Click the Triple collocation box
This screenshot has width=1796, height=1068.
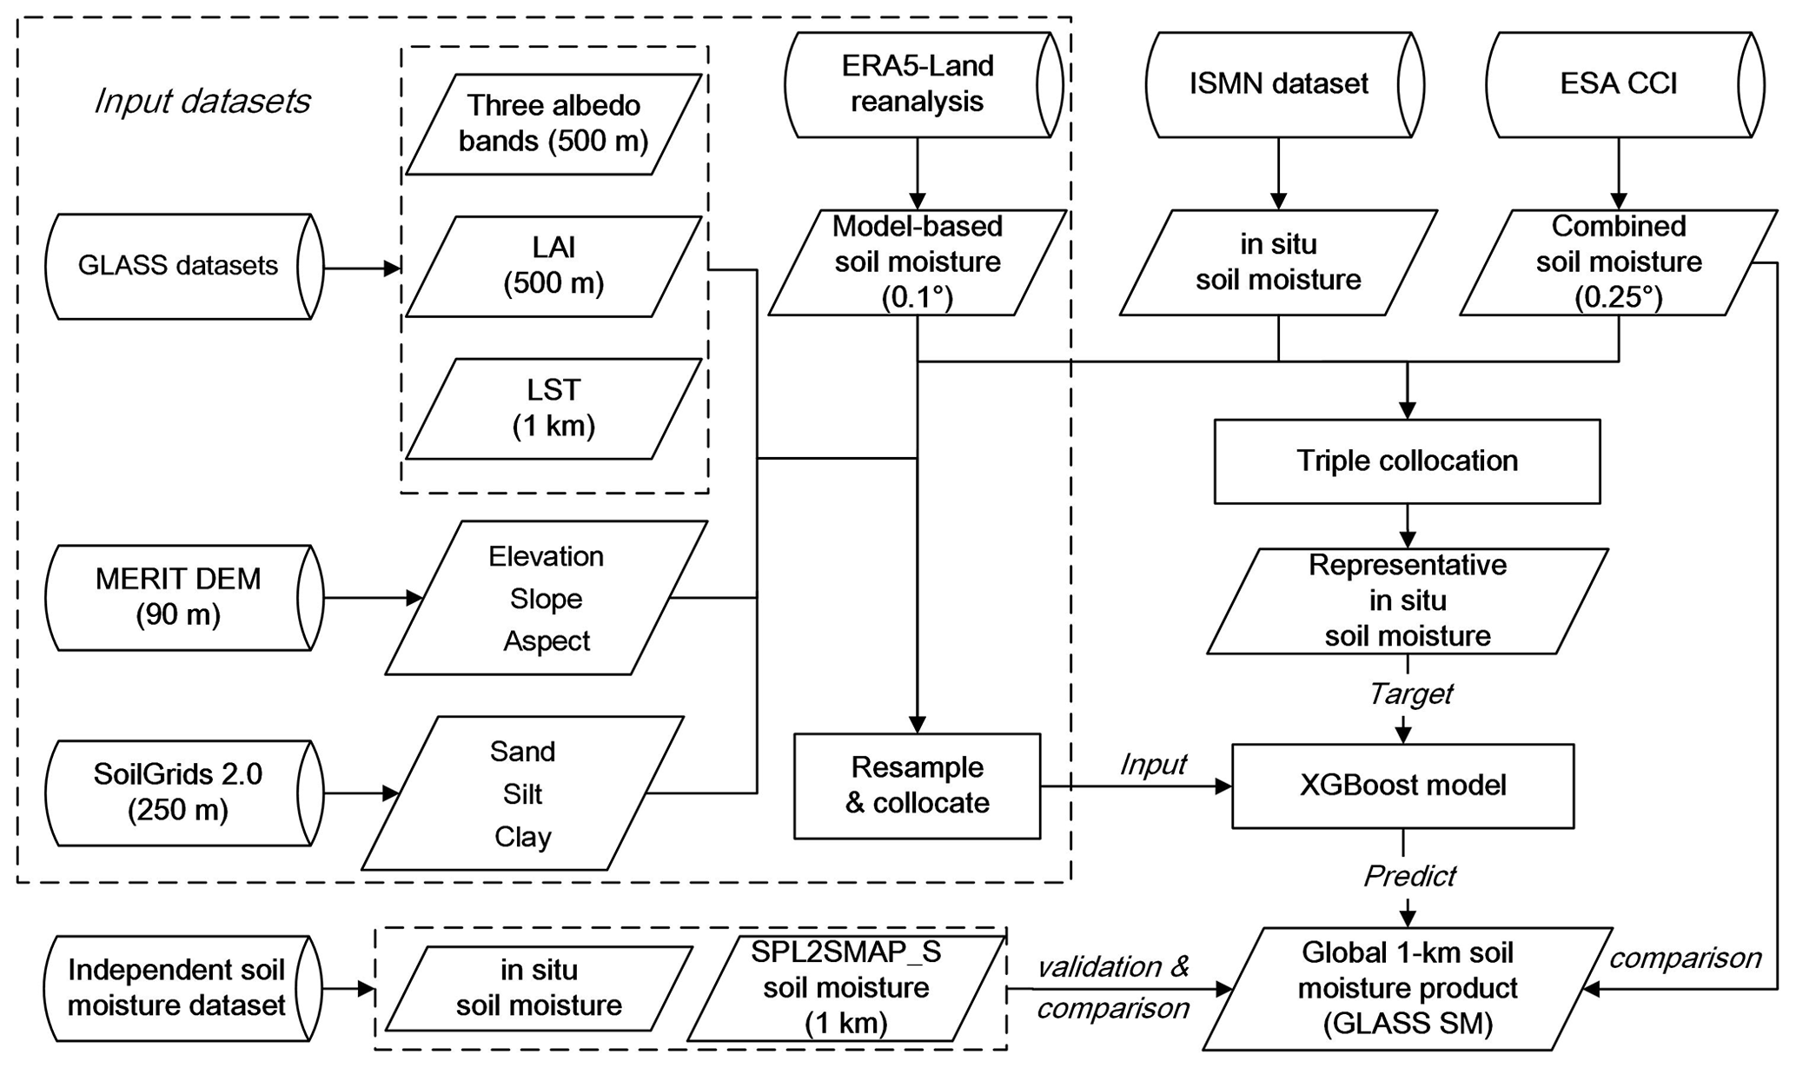(x=1407, y=461)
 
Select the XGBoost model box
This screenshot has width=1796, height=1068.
(x=1402, y=786)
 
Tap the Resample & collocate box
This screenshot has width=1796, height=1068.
(x=917, y=786)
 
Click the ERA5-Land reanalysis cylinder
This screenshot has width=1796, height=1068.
(x=917, y=84)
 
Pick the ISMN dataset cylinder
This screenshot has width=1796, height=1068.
(x=1278, y=84)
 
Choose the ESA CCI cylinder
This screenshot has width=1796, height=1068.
(x=1618, y=84)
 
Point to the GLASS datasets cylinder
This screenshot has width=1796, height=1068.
(x=179, y=266)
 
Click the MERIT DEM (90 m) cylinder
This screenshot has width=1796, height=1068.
(x=179, y=597)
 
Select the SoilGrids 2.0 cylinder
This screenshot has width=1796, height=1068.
(x=179, y=793)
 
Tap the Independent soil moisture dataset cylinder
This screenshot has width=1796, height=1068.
(x=177, y=988)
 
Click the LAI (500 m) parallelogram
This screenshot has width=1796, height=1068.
(x=553, y=266)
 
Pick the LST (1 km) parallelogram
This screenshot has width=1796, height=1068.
(x=553, y=408)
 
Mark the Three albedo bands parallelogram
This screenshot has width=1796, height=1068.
(x=553, y=123)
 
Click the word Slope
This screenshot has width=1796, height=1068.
(x=546, y=599)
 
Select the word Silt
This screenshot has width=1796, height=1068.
(x=522, y=794)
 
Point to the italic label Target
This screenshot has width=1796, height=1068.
(x=1410, y=694)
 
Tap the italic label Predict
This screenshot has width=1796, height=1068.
(x=1409, y=876)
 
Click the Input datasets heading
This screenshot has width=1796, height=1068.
(x=202, y=102)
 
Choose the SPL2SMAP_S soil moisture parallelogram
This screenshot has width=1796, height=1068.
(x=845, y=988)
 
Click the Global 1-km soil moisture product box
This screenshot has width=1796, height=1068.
(x=1408, y=988)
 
